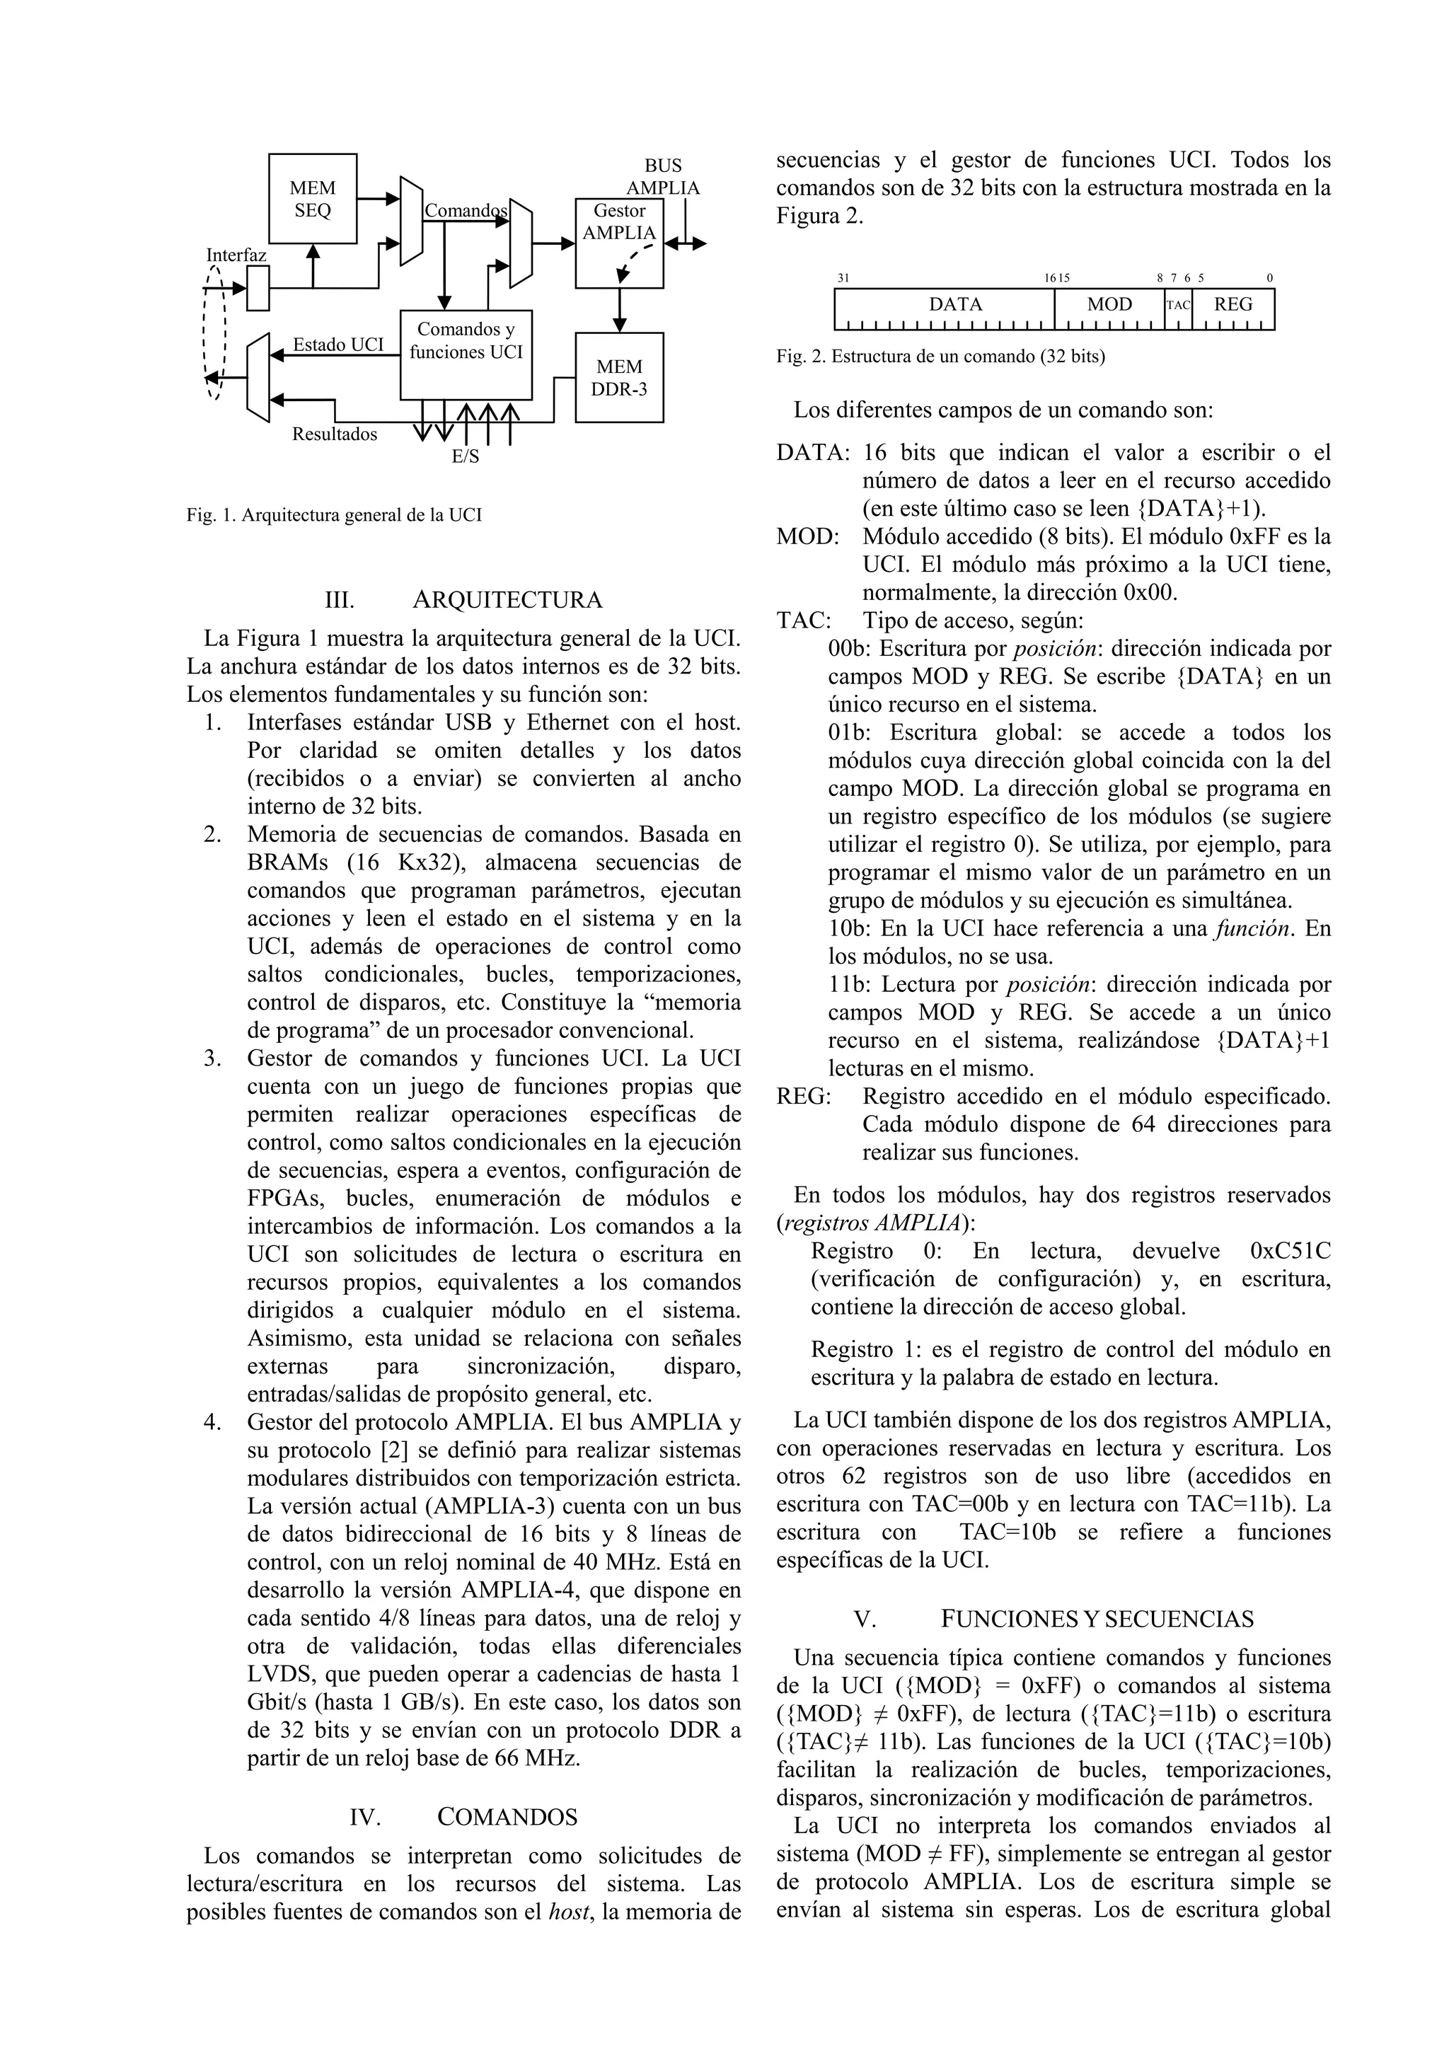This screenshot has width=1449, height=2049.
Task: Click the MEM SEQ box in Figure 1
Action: [x=312, y=199]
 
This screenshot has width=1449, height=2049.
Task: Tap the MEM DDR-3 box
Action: [x=619, y=378]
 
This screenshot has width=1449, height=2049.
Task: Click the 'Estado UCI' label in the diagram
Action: [x=338, y=345]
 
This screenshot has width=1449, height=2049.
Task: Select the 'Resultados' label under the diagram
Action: [x=335, y=434]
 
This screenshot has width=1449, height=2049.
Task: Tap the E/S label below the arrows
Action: [x=465, y=457]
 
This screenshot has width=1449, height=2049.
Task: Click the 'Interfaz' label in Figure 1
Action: [x=236, y=255]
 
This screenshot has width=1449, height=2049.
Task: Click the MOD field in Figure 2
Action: [x=1109, y=304]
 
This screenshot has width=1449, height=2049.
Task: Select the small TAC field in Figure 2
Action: [x=1178, y=305]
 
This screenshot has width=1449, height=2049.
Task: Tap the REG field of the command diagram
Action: [x=1233, y=304]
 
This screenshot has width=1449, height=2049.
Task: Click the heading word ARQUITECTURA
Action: [x=507, y=600]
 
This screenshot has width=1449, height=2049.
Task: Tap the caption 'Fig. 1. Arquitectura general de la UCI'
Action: [x=334, y=515]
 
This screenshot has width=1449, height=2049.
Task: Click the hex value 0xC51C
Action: [x=1291, y=1250]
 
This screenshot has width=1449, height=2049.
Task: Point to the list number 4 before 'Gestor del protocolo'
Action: [x=212, y=1421]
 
